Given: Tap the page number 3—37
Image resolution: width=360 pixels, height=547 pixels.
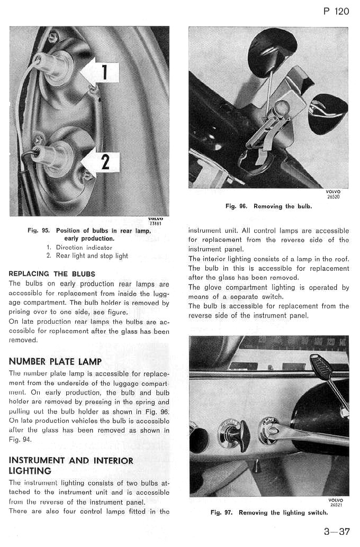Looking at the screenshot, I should [336, 532].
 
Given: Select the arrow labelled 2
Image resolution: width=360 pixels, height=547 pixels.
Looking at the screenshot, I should [102, 161].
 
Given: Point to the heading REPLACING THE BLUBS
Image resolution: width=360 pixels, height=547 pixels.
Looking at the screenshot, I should [52, 273].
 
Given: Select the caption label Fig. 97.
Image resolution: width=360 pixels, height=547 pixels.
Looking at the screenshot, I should [221, 513].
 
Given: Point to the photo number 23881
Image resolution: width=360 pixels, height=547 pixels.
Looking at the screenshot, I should [156, 223].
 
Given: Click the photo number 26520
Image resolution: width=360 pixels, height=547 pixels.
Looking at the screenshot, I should [334, 197].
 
